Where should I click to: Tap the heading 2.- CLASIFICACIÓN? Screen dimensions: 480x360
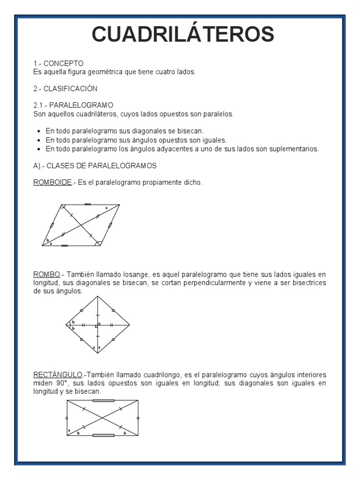65,89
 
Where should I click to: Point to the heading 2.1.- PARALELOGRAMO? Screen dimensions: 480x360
73,105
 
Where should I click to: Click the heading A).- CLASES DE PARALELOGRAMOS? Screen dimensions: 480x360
95,166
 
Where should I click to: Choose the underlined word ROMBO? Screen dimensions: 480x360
46,274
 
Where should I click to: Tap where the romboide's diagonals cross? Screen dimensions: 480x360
81,225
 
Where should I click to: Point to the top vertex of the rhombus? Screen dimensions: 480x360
98,296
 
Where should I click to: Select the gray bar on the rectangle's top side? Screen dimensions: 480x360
103,401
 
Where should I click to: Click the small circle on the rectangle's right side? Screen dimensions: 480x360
138,418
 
